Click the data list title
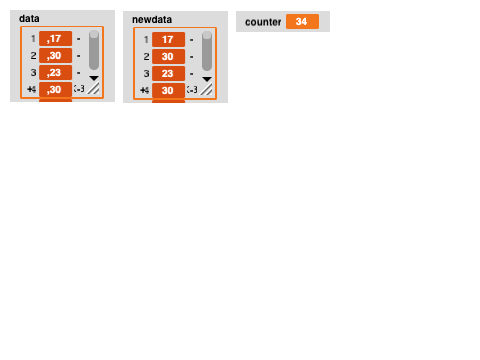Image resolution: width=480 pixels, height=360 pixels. point(29,18)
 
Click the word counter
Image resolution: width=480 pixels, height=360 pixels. point(263,22)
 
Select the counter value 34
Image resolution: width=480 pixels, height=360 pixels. point(301,22)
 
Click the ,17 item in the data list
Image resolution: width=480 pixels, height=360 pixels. point(55,40)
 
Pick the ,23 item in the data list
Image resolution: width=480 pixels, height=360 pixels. point(55,73)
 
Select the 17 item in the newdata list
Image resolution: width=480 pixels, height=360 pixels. point(168,40)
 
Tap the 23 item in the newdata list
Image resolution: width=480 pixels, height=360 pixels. point(168,73)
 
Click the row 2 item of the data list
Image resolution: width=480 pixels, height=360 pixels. point(55,56)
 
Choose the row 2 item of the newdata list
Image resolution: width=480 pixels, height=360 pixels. point(168,56)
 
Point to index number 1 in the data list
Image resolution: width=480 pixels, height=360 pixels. point(33,40)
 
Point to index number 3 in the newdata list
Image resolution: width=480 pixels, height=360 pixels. point(146,73)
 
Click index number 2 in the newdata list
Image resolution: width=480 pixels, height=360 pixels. point(146,56)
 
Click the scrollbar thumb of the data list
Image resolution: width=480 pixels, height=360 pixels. point(94,49)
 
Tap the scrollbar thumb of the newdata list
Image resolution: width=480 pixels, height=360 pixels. point(207,49)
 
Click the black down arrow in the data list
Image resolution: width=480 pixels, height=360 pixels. point(94,77)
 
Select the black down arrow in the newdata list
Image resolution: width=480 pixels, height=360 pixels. point(207,77)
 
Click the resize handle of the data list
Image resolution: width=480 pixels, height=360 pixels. point(94,89)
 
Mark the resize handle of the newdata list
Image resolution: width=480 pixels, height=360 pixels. point(207,89)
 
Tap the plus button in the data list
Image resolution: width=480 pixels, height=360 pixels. point(31,90)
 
